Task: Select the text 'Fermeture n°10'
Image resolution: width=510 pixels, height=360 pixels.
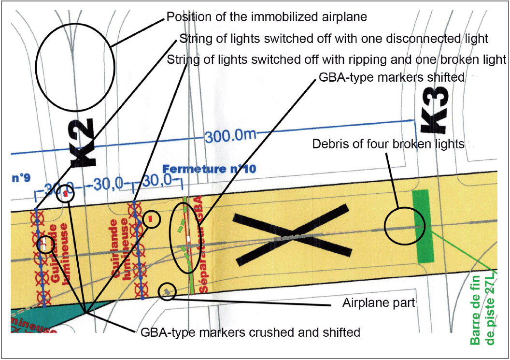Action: [209, 169]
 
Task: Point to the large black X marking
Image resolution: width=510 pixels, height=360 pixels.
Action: [291, 235]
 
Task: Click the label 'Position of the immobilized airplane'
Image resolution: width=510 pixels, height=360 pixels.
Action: [267, 17]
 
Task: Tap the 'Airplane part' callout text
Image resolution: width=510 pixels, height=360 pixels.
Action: [379, 303]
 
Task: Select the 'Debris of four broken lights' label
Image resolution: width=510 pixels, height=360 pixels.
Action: [388, 144]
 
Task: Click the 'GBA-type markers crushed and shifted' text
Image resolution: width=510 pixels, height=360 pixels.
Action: [250, 332]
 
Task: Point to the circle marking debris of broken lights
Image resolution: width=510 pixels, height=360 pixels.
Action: [404, 226]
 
